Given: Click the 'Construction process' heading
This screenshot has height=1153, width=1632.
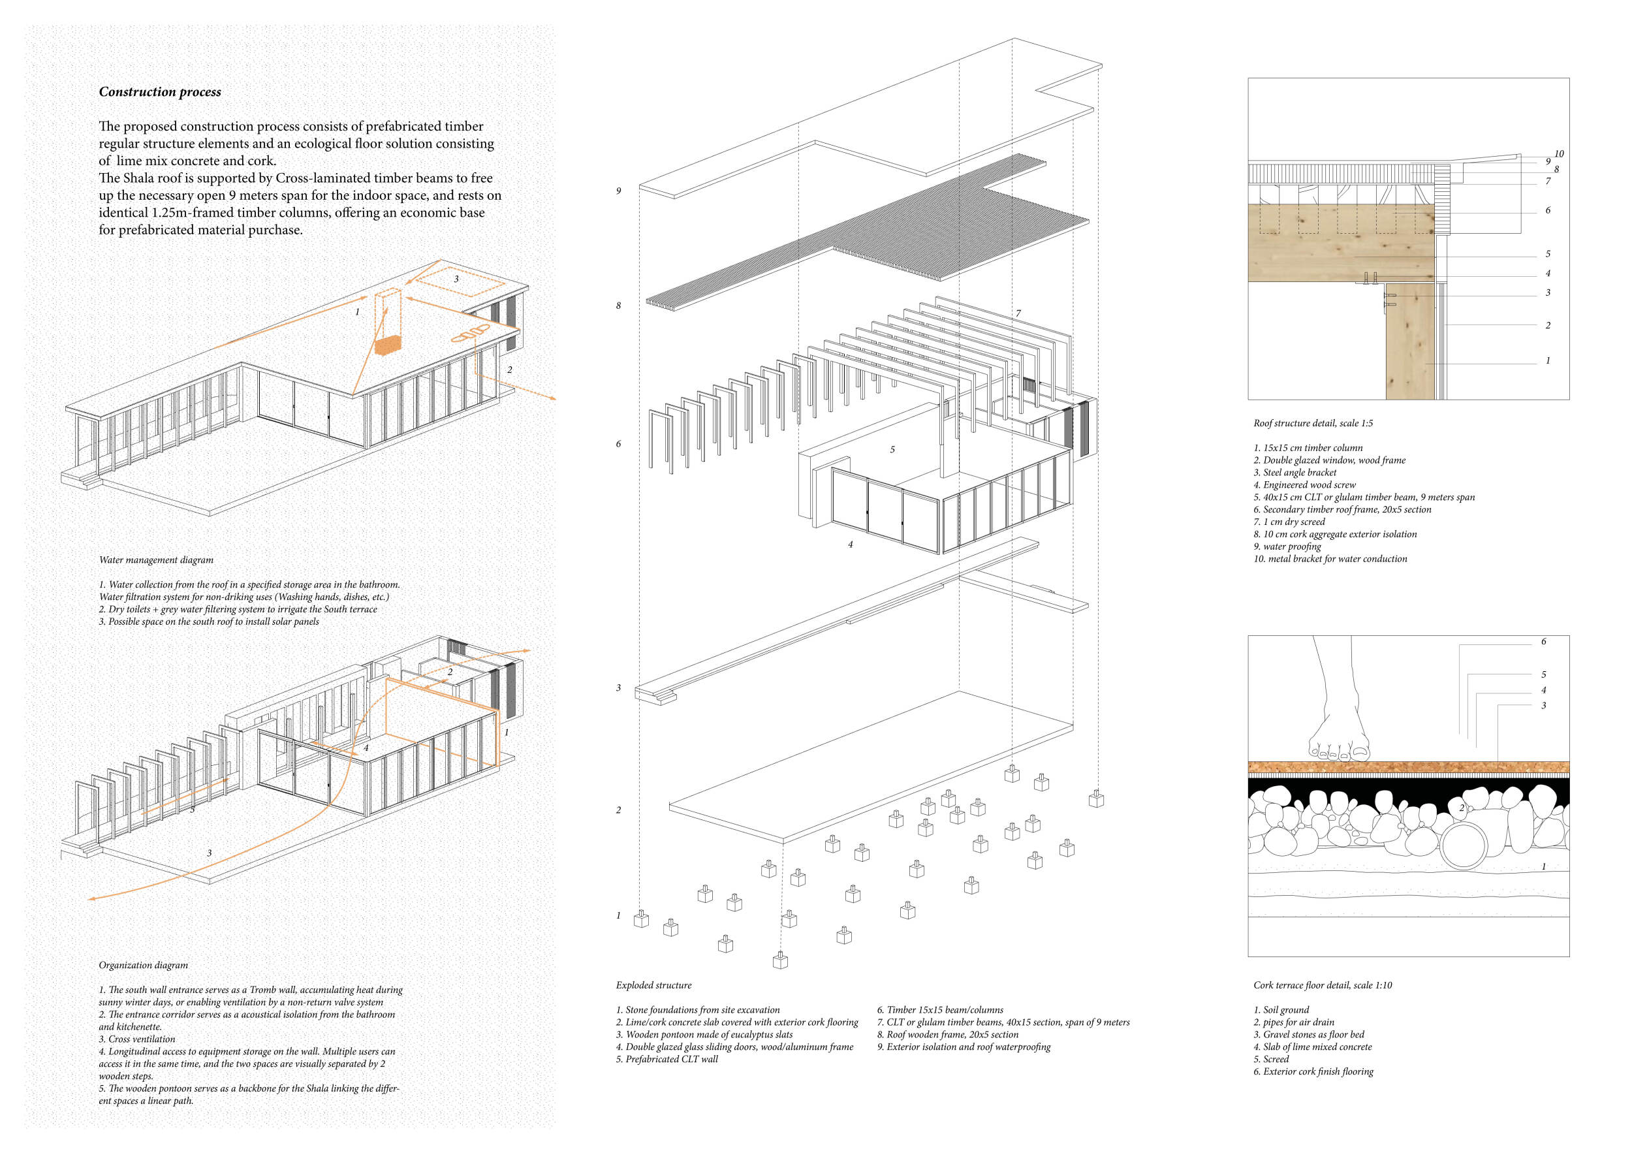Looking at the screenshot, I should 160,91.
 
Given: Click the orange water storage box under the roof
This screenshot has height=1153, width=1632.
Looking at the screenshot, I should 389,345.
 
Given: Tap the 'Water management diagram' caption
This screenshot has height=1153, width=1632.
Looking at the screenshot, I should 157,560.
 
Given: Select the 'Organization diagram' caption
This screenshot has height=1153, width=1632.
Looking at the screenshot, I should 144,966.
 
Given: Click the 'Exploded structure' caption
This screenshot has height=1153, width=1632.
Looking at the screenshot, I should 653,985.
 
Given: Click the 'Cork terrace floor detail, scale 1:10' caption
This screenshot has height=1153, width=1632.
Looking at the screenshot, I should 1322,985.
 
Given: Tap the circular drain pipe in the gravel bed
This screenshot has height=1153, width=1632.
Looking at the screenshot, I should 1464,847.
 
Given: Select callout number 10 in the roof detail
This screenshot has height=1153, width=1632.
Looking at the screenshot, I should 1559,153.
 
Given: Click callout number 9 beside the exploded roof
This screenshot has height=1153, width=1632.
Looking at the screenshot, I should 618,191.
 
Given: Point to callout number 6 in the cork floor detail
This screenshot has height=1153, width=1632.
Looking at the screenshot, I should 1543,641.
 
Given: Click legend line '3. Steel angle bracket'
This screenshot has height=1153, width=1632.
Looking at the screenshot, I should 1295,473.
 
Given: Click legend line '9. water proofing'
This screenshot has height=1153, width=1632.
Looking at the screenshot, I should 1287,546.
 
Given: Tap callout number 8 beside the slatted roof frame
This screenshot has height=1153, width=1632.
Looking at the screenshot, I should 618,306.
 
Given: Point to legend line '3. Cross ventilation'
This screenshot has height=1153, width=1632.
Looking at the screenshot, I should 136,1039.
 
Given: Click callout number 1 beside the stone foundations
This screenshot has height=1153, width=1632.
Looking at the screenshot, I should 618,915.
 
